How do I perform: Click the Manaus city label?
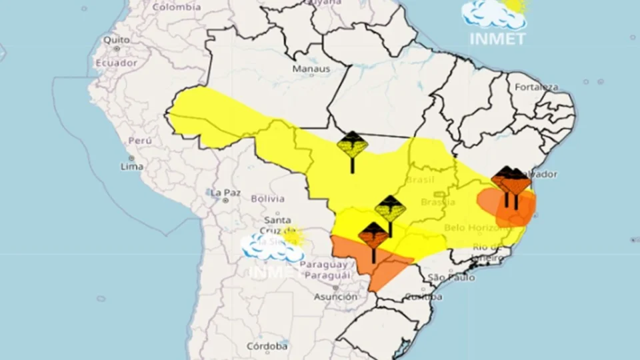(311, 69)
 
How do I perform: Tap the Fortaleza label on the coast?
(535, 87)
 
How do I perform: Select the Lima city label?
(131, 166)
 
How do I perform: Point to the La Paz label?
(225, 193)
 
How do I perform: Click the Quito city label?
(116, 40)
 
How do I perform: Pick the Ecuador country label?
(115, 63)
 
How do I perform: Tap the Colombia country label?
(176, 7)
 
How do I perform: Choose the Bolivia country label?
(267, 199)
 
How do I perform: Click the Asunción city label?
(335, 297)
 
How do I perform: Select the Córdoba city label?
(267, 346)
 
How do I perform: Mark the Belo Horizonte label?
(473, 228)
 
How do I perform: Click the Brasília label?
(438, 202)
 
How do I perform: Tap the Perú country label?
(139, 141)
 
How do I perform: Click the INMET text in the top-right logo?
(497, 39)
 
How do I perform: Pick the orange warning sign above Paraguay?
(373, 237)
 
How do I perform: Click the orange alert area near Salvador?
(507, 205)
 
